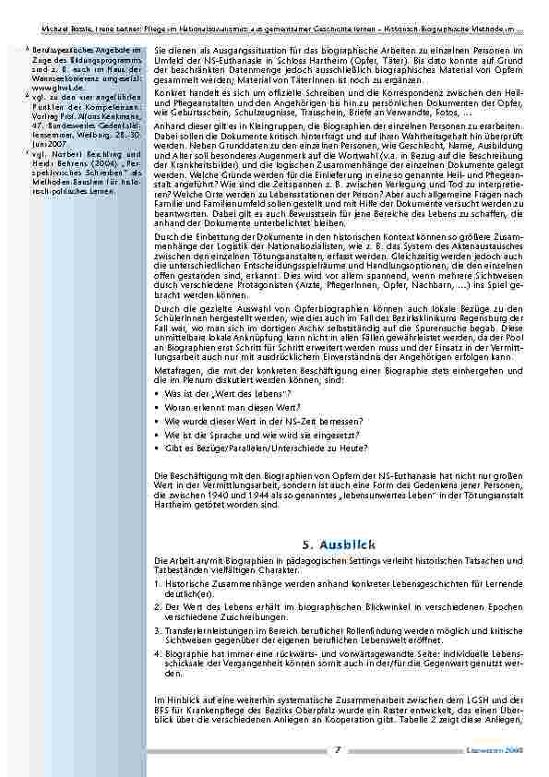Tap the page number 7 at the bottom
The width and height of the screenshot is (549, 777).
click(338, 749)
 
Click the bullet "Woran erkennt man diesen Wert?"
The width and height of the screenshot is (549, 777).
click(222, 406)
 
